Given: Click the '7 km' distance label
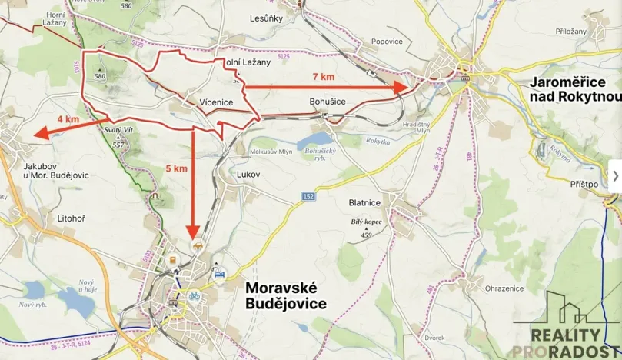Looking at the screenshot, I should click(x=324, y=77).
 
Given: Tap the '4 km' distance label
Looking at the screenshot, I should click(x=68, y=119).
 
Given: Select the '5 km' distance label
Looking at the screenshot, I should click(x=176, y=168).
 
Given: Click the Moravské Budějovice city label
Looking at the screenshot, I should click(x=285, y=295).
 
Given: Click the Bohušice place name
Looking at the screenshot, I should click(x=327, y=102).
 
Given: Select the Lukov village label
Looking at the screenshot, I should click(x=250, y=175).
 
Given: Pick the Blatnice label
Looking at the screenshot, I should click(x=364, y=203).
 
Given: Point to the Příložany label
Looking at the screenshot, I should click(x=570, y=32).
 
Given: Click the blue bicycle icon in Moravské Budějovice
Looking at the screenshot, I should click(x=195, y=295).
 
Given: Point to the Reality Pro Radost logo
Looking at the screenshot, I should click(x=567, y=327).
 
